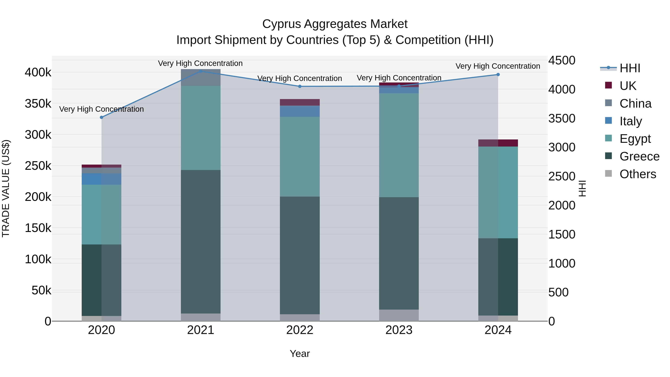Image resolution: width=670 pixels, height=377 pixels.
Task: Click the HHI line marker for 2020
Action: tap(101, 117)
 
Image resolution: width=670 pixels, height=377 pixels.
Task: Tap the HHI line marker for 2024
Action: tap(498, 75)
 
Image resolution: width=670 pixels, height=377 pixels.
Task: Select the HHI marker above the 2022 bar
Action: tap(300, 86)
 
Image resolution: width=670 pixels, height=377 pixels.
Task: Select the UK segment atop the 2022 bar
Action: tap(300, 102)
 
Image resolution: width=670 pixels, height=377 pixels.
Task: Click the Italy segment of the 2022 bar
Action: tap(300, 111)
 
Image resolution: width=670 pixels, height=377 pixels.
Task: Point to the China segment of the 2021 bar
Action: tap(200, 77)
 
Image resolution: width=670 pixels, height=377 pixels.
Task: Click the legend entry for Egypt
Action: tap(635, 139)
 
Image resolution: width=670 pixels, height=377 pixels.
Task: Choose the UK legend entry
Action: tap(628, 86)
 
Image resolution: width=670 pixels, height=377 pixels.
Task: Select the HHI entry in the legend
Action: tap(629, 68)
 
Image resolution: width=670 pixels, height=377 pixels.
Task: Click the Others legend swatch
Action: tap(608, 174)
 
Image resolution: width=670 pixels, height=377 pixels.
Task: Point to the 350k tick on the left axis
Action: tap(38, 104)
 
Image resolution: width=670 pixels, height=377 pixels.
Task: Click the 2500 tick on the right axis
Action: tap(561, 176)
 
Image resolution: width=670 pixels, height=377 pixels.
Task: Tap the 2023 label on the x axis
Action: tap(399, 330)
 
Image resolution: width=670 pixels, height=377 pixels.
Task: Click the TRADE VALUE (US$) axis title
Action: tap(6, 188)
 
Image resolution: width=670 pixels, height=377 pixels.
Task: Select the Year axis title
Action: tap(300, 354)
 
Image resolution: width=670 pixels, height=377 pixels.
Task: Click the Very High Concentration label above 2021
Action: tap(200, 63)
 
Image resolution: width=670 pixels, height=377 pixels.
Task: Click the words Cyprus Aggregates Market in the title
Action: tap(335, 24)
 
